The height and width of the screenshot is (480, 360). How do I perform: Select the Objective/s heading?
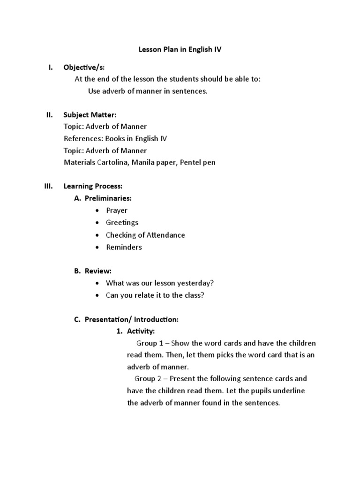(x=88, y=67)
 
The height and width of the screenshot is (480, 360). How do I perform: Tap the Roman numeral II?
(x=50, y=114)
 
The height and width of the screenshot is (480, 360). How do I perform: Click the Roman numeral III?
(x=49, y=186)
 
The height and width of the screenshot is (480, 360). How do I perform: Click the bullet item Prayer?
(x=117, y=210)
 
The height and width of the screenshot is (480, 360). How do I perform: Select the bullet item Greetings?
(x=122, y=223)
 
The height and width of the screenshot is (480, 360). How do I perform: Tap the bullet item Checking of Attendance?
(x=145, y=235)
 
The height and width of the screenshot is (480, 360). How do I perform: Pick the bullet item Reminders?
(x=124, y=247)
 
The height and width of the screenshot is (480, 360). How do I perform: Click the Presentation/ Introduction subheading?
(x=131, y=319)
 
